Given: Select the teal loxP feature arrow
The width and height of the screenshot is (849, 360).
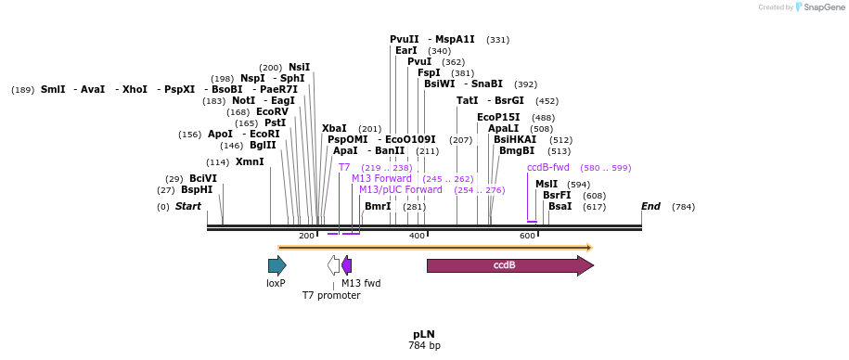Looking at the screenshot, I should [x=277, y=265].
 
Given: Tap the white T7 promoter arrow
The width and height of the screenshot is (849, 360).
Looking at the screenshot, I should [x=334, y=265].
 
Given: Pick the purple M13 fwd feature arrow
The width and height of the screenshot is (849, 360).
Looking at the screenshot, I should [x=347, y=265].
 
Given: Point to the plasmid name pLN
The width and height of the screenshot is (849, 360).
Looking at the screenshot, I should [x=424, y=334].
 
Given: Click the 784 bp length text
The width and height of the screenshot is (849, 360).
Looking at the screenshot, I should [x=424, y=346].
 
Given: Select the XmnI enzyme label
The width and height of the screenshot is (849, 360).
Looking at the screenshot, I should [x=250, y=161].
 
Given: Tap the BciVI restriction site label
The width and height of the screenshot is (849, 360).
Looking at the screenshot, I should [x=203, y=178].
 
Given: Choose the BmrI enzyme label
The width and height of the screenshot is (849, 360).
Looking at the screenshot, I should [x=378, y=206].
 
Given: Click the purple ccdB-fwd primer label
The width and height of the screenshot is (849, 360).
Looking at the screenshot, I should [x=548, y=167].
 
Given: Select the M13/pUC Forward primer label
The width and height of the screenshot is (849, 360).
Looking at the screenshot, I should [x=401, y=189].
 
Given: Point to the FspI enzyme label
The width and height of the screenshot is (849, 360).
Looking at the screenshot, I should [x=429, y=72].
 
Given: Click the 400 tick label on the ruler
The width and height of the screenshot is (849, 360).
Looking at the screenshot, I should [x=417, y=236].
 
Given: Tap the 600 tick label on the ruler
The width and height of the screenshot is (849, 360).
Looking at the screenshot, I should [x=527, y=236].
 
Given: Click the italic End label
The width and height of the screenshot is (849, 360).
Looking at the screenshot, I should [x=651, y=206].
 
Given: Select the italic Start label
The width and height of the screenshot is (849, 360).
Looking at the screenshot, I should [x=188, y=206].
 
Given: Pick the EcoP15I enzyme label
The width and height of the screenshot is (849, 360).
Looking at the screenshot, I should [x=498, y=117].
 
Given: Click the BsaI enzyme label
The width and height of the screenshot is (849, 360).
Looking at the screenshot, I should [x=560, y=206].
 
